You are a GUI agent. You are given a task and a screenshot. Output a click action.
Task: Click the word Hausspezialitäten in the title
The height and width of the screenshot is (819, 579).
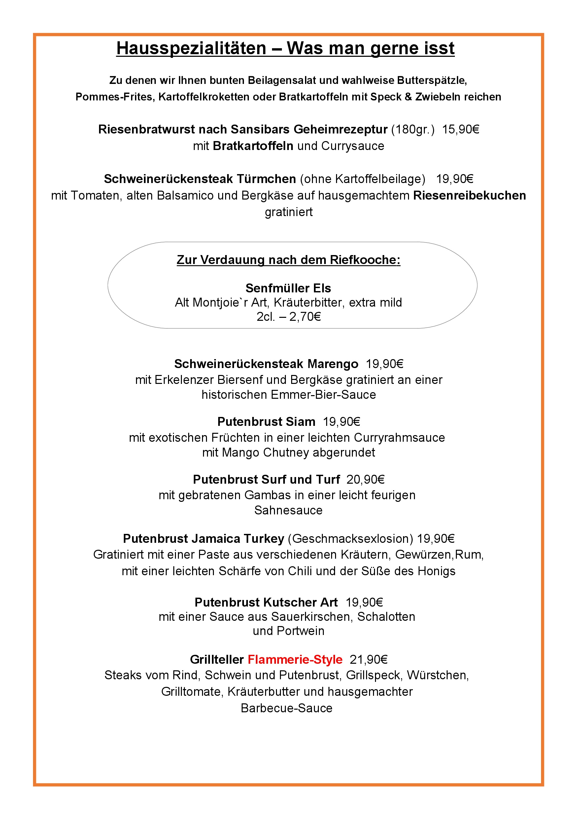[x=191, y=49]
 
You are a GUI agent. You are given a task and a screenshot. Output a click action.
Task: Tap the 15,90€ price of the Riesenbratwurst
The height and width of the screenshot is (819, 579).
[x=460, y=129]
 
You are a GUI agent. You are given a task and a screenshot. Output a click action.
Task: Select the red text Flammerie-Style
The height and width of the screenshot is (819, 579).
[x=295, y=659]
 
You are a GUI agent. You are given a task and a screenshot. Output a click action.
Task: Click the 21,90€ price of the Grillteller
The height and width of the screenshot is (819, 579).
[x=368, y=659]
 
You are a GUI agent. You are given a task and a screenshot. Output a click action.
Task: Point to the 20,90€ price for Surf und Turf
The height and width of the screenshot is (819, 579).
[x=365, y=480]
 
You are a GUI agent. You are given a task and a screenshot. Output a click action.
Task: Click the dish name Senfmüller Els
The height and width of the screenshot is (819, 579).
[x=288, y=288]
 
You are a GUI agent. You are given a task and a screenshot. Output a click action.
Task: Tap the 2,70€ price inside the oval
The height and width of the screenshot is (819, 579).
[x=305, y=316]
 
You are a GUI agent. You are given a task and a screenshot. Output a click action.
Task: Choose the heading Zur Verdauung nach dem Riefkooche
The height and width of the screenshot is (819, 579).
[x=288, y=260]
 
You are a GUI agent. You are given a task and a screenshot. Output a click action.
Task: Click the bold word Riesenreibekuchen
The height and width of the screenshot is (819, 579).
[x=469, y=196]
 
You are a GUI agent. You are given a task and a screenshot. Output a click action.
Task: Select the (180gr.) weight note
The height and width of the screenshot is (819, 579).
[x=413, y=129]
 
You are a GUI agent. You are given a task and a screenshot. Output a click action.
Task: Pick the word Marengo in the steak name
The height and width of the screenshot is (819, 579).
[x=333, y=364]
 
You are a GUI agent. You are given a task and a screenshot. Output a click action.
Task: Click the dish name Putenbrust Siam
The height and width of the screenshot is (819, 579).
[x=266, y=422]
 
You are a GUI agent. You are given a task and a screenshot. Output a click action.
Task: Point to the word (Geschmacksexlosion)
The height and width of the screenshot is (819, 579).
[x=350, y=539]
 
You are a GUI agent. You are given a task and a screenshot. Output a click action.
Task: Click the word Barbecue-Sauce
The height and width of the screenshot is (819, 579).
[x=286, y=708]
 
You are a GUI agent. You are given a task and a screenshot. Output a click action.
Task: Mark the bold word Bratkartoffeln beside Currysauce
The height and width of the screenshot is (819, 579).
[x=253, y=146]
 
